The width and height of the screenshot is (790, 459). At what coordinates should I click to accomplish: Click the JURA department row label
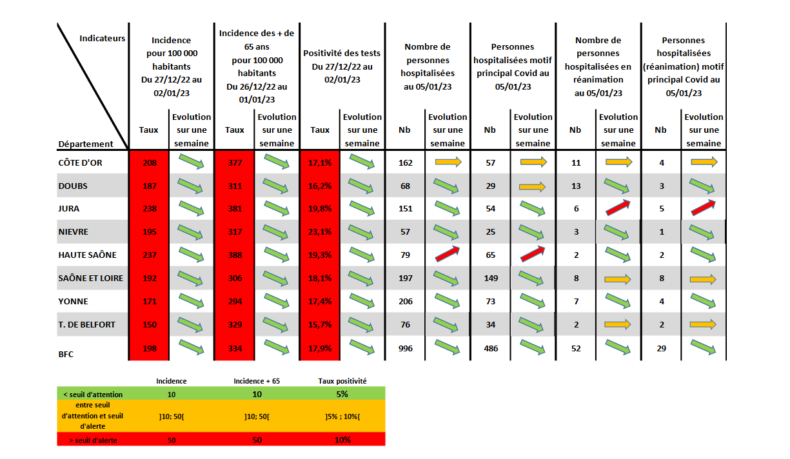pyautogui.click(x=68, y=209)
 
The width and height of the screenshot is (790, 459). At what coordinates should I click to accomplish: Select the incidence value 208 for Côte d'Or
pyautogui.click(x=150, y=162)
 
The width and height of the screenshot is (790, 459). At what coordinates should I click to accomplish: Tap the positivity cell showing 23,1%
pyautogui.click(x=320, y=232)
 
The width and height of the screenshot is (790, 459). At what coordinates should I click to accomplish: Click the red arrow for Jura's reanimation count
pyautogui.click(x=618, y=208)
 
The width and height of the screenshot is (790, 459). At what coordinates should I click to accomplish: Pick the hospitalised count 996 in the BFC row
pyautogui.click(x=405, y=348)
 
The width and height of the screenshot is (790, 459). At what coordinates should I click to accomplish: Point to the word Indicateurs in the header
pyautogui.click(x=102, y=39)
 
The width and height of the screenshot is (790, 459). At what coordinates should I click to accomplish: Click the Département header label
pyautogui.click(x=86, y=144)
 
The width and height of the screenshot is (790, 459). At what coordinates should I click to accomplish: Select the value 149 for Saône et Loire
pyautogui.click(x=490, y=278)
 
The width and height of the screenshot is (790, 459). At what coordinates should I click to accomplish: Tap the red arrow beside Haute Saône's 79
pyautogui.click(x=448, y=254)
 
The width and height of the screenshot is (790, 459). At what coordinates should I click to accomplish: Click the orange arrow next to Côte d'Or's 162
pyautogui.click(x=448, y=162)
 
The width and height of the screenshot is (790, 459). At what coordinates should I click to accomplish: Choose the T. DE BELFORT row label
pyautogui.click(x=86, y=324)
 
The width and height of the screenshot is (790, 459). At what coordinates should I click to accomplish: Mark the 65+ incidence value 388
pyautogui.click(x=235, y=255)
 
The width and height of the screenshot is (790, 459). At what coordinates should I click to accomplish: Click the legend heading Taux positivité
pyautogui.click(x=342, y=381)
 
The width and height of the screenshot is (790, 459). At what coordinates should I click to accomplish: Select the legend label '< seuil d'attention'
pyautogui.click(x=93, y=394)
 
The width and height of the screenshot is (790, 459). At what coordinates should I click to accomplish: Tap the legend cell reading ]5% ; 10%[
pyautogui.click(x=342, y=416)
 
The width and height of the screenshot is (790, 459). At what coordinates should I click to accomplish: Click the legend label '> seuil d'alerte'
pyautogui.click(x=93, y=440)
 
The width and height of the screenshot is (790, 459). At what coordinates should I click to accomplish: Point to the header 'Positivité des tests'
pyautogui.click(x=342, y=53)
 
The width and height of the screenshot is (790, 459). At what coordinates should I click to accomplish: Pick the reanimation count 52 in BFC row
pyautogui.click(x=575, y=348)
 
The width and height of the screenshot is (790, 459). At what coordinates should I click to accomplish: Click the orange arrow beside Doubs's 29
pyautogui.click(x=533, y=186)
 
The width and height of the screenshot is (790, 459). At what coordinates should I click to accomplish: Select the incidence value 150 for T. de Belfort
pyautogui.click(x=150, y=325)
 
